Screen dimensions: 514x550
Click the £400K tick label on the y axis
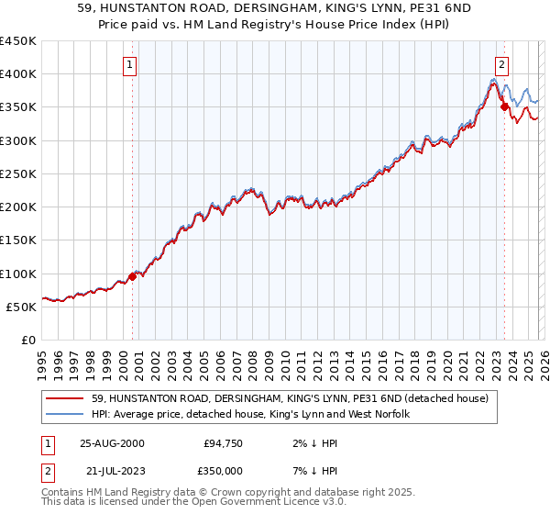tap(17, 73)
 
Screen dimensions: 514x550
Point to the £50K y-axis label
tap(21, 307)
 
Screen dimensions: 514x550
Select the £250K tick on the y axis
tap(17, 173)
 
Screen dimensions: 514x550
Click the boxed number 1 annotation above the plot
tap(131, 65)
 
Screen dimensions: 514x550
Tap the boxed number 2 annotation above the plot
tap(503, 65)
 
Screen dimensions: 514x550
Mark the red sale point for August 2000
tap(133, 275)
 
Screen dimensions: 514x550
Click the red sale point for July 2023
tap(504, 106)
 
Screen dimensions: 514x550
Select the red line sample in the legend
tap(66, 398)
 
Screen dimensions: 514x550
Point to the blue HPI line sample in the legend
tap(66, 414)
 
